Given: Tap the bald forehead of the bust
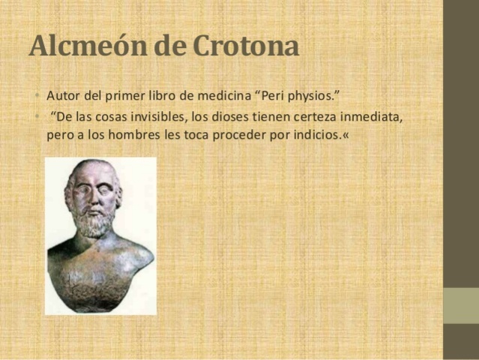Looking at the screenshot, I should coord(93,174).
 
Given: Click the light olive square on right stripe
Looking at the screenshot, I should coord(460,305).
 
